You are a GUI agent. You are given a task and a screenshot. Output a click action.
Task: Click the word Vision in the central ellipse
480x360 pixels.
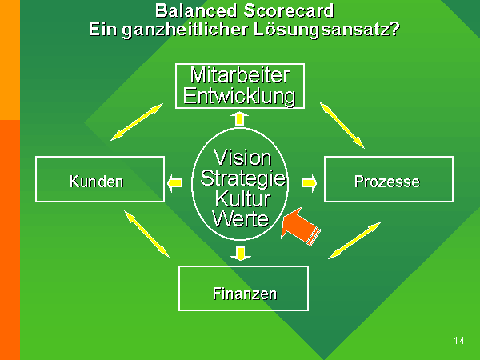242,158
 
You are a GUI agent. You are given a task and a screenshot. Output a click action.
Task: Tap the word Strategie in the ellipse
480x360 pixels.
243,178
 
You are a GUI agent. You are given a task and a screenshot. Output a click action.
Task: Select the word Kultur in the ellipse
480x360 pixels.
242,199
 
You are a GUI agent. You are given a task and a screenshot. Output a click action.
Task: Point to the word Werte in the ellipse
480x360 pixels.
241,219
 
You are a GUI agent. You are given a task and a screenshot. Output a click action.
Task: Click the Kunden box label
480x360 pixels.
97,182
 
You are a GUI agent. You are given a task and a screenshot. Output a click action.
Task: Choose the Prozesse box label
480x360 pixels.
387,182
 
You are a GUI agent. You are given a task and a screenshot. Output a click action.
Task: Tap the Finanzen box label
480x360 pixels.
245,294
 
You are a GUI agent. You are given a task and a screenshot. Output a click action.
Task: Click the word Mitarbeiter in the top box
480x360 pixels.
240,75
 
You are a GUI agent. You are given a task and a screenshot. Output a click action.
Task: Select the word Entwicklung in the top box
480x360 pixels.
239,97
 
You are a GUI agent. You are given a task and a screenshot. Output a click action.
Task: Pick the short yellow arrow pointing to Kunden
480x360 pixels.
174,183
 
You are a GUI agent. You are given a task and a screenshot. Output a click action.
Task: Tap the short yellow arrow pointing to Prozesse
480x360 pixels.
309,183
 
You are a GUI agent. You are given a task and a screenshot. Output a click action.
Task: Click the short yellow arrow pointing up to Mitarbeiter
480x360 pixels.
239,119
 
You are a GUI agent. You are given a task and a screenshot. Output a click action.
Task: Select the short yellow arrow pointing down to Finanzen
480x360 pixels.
241,254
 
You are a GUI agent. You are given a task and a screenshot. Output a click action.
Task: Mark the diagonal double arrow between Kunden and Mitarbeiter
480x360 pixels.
137,122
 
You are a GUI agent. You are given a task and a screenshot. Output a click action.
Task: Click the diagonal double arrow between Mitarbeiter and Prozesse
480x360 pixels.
342,126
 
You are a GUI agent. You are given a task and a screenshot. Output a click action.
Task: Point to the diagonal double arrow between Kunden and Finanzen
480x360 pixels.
146,234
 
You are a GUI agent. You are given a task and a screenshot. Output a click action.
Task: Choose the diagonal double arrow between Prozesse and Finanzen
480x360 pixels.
354,241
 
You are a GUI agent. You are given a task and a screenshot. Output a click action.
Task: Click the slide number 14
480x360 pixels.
459,341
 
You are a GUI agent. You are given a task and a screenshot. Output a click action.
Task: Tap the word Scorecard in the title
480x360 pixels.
289,10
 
